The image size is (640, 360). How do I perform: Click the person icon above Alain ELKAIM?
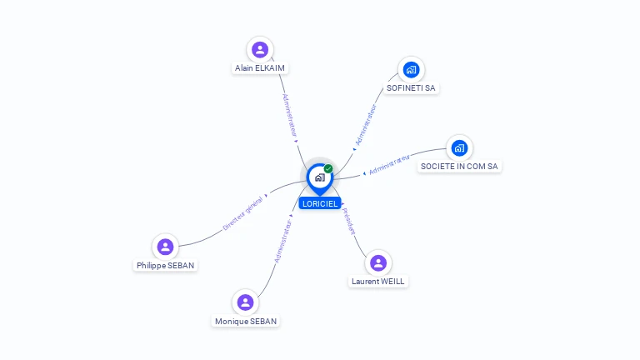(x=260, y=50)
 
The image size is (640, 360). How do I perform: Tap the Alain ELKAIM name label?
(x=261, y=68)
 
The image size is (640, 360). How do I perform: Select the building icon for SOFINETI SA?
(x=411, y=69)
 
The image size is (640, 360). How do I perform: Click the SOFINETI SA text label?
(x=411, y=87)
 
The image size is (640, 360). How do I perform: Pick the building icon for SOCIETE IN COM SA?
(x=459, y=148)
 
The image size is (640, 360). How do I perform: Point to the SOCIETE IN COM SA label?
(x=459, y=167)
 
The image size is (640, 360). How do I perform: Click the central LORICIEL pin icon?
(x=319, y=177)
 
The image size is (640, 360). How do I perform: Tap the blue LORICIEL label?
(x=320, y=203)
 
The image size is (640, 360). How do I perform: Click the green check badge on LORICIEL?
(x=328, y=168)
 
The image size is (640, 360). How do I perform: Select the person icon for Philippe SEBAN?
(x=166, y=247)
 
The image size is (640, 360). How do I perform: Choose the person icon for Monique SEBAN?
(x=245, y=302)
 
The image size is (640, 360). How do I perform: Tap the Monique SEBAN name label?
(x=246, y=321)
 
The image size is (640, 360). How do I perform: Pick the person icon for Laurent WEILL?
(x=378, y=263)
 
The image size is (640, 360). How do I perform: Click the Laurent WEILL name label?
(x=378, y=282)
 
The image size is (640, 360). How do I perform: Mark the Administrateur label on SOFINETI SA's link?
(x=366, y=125)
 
